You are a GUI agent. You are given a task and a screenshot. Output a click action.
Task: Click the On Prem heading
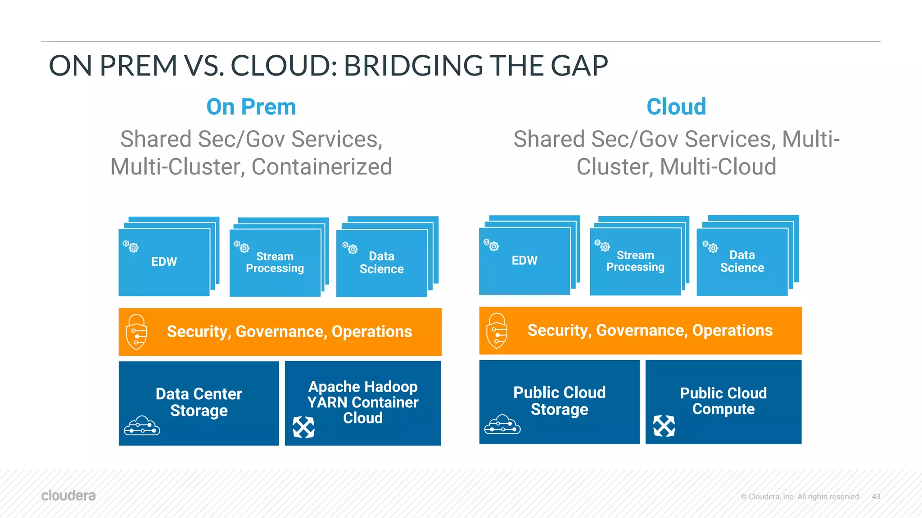(x=251, y=107)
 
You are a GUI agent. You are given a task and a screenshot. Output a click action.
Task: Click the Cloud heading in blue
(x=676, y=107)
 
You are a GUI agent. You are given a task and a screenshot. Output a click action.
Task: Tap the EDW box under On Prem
(x=164, y=262)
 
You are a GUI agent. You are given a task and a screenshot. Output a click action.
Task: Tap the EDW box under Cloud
(x=524, y=260)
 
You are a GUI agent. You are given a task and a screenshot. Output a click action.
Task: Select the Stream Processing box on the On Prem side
(x=275, y=263)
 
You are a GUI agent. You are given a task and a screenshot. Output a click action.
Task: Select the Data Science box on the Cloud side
(x=742, y=262)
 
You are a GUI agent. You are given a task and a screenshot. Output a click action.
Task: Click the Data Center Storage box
(x=199, y=402)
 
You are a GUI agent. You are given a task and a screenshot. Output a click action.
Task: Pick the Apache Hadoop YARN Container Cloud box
(x=363, y=402)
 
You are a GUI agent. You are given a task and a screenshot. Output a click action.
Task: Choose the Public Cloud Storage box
(x=559, y=401)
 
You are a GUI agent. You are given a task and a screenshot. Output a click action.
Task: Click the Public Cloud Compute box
(x=723, y=401)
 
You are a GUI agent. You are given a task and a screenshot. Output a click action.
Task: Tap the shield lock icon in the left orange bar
(x=136, y=332)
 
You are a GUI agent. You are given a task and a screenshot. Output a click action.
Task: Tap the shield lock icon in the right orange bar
(x=497, y=330)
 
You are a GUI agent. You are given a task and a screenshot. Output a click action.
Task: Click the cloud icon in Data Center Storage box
(x=142, y=425)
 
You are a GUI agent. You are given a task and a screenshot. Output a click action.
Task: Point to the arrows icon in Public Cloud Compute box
(x=664, y=426)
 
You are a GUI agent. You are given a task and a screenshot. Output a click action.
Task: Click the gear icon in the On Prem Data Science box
(x=350, y=248)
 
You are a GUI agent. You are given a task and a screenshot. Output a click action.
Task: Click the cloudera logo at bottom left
(x=68, y=496)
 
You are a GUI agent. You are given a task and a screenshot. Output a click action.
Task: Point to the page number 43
(x=876, y=496)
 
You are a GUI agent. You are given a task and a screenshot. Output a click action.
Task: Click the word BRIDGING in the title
(x=413, y=66)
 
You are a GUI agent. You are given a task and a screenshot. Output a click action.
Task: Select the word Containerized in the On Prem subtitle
(x=321, y=167)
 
